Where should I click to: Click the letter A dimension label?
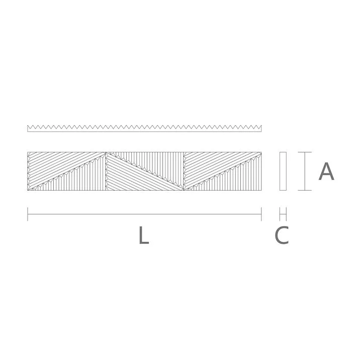pos(326,171)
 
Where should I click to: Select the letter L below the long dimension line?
pos(143,236)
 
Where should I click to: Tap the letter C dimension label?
pos(282,236)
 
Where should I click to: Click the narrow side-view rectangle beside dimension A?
pos(283,171)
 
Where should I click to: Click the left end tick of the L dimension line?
pos(28,214)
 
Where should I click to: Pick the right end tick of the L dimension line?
pos(261,214)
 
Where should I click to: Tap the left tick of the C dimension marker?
pos(280,214)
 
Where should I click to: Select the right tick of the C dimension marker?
pos(286,214)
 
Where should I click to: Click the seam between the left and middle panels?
pos(106,171)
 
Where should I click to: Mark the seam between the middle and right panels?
pos(184,171)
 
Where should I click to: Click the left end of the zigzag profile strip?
pos(29,128)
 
